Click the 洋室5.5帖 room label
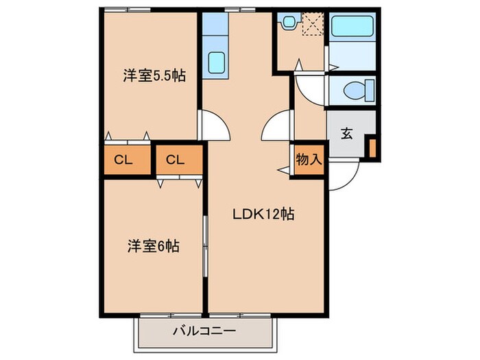153,76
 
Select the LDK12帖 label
263,214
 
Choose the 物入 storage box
308,160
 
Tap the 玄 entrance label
347,133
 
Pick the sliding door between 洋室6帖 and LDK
205,237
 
